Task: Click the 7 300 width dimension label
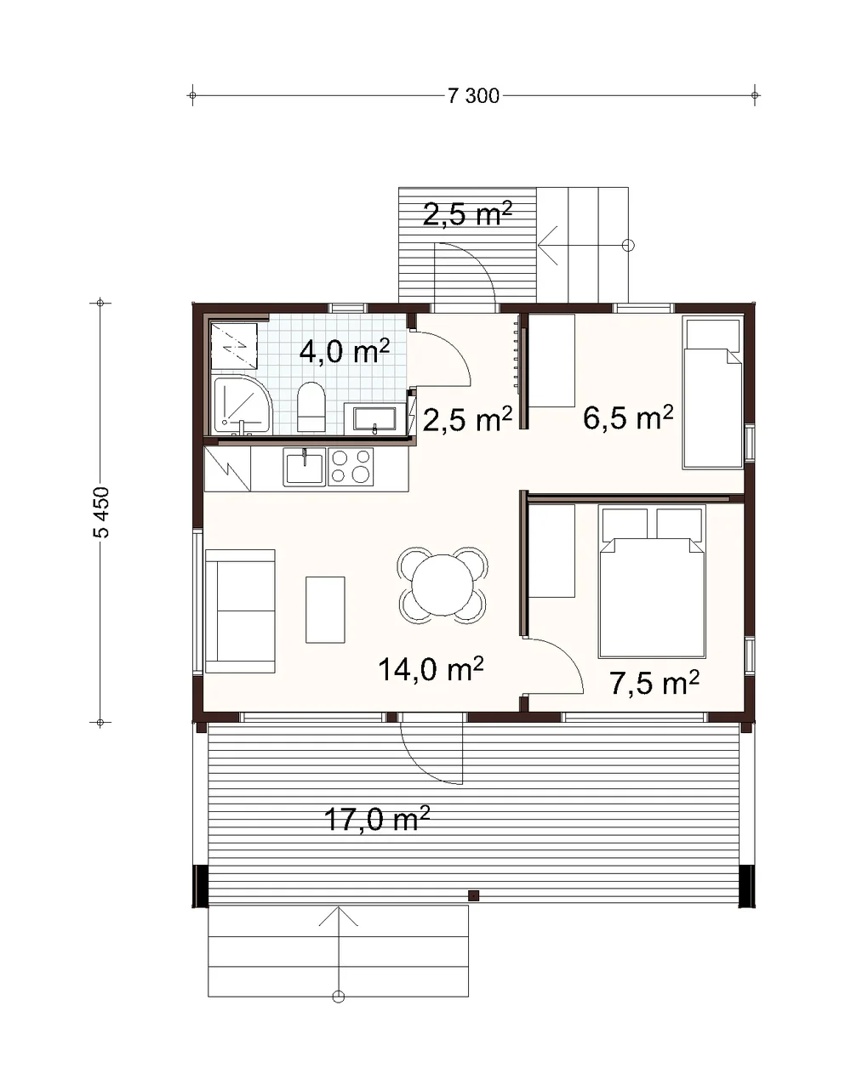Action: pos(473,96)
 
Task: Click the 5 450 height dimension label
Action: pos(101,512)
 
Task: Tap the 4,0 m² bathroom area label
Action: pos(345,352)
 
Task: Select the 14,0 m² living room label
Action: pos(431,669)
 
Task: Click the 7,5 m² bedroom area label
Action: pos(654,684)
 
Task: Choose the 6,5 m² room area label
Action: pos(628,418)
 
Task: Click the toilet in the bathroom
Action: pos(311,407)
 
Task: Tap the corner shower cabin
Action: pos(243,405)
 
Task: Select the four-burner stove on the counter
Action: pos(351,467)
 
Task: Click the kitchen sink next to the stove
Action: pos(305,467)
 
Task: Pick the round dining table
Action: pos(442,585)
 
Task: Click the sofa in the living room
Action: pos(240,611)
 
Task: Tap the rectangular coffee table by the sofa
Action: pos(325,610)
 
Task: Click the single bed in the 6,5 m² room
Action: pos(712,394)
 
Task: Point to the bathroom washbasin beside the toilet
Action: pos(374,418)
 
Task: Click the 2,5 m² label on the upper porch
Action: pos(467,214)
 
